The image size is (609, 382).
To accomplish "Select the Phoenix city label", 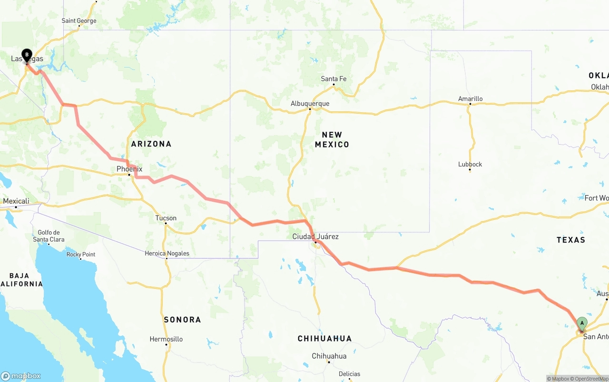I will tap(129, 169).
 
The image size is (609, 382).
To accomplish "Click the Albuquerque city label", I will tap(310, 103).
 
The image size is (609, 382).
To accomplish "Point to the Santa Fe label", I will tap(334, 78).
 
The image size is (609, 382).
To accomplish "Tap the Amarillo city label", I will tap(470, 99).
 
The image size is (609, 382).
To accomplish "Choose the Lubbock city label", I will tap(470, 164).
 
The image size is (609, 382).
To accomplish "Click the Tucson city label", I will tap(166, 218).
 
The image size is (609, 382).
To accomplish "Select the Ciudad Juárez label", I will tap(315, 236).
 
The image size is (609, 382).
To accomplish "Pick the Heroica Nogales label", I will tap(167, 254).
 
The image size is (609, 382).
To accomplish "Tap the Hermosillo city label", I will tap(166, 339).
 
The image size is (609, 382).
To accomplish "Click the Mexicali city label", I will tap(16, 201).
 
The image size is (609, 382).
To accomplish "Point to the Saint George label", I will tap(79, 20).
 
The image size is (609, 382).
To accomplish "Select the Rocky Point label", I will tap(81, 255).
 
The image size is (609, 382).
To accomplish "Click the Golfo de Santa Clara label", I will tap(49, 236).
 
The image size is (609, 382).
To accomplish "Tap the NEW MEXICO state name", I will tap(332, 139).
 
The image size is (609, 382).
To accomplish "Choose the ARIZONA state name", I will tap(151, 144).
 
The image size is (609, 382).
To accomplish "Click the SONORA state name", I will tap(182, 320).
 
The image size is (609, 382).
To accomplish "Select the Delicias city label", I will tap(349, 374).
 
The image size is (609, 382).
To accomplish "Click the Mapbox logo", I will tap(21, 376).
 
